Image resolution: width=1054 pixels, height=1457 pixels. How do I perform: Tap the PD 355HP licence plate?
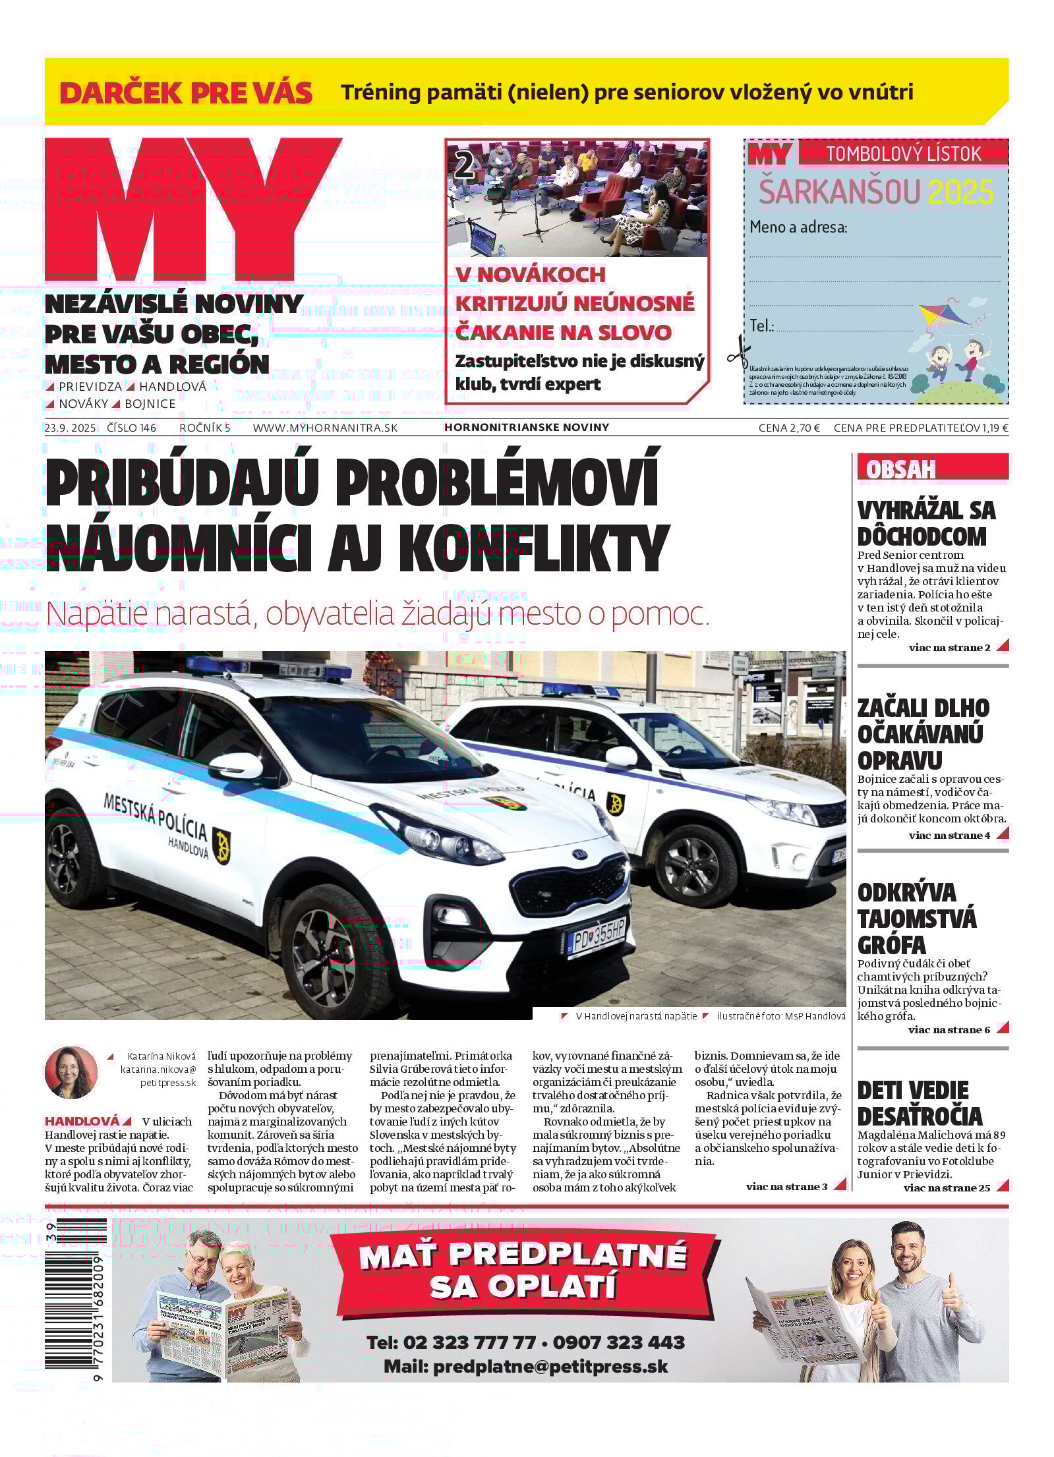coord(597,934)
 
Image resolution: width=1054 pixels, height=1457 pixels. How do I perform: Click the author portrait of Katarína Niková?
coord(71,1073)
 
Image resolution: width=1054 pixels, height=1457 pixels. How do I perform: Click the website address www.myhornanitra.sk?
coord(325,428)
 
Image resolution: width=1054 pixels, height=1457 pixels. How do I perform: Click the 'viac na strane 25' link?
coord(947,1188)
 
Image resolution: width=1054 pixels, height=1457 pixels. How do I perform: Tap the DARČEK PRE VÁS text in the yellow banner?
coord(186,93)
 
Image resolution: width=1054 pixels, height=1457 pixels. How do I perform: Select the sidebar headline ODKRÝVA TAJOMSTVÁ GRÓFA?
coord(916,918)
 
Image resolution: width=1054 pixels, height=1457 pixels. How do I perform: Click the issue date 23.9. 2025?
coord(71,428)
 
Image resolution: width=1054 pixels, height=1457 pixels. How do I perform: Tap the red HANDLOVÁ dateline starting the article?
coord(82,1121)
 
